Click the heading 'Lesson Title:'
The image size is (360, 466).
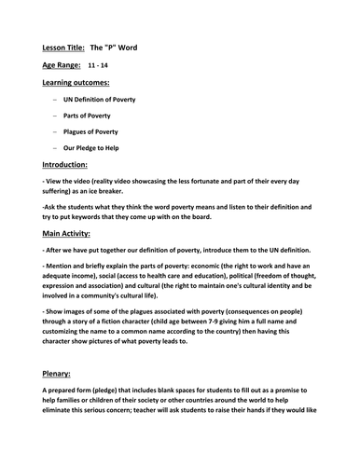pos(63,46)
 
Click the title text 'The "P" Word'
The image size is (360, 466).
pos(120,46)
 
